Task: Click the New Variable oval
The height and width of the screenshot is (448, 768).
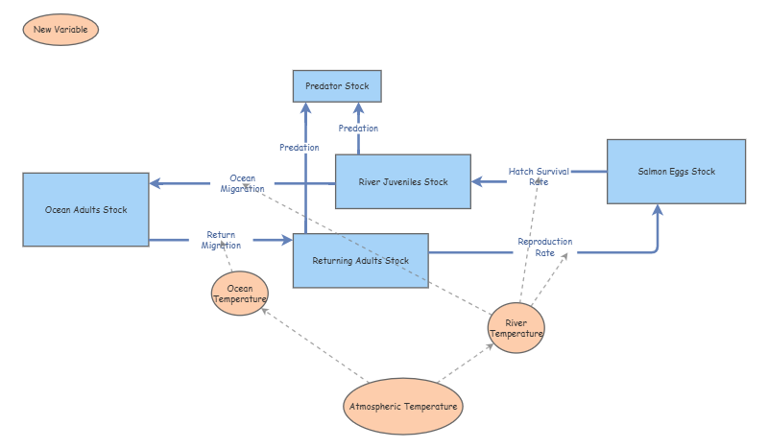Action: pos(60,30)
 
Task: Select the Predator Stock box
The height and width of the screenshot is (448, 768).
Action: pos(337,86)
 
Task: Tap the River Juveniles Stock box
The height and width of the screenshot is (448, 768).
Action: pos(403,181)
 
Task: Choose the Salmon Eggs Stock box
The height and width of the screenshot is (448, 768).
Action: pos(676,172)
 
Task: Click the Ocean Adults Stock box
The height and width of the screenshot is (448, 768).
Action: pos(85,209)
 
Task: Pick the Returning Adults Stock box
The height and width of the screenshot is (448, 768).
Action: pos(360,260)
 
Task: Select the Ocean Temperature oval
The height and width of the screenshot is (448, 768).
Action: pos(239,293)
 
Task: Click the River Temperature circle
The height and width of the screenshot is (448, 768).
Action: pos(516,327)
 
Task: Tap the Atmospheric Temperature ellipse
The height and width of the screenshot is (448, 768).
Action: pos(403,407)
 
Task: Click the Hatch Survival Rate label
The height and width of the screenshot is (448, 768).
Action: pos(539,177)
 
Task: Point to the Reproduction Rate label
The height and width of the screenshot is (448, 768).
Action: pos(544,248)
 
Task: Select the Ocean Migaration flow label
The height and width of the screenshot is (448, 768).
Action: pos(242,183)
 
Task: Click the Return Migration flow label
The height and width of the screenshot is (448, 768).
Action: pos(221,240)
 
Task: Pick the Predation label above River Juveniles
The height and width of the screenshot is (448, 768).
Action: pos(358,129)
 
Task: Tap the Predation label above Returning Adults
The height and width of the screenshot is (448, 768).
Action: pos(300,148)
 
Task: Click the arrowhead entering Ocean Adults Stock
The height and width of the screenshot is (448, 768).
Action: pos(155,182)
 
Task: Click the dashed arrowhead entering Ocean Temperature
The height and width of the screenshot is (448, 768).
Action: pos(262,311)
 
